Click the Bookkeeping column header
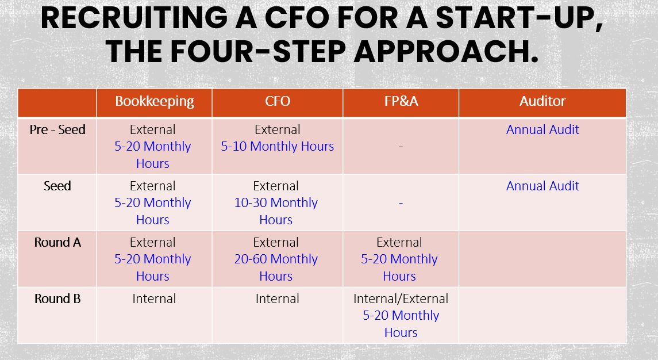coord(155,102)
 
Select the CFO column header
coord(278,101)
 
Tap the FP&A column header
coord(401,101)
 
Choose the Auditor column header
coord(542,101)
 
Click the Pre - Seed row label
coord(57,129)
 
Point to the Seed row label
coord(57,186)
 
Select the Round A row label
coord(57,242)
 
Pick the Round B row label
coord(57,298)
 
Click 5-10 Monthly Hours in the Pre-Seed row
coord(278,146)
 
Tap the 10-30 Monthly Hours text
coord(276,211)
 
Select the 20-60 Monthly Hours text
coord(276,267)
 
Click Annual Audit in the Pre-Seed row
coord(542,129)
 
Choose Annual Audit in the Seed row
coord(542,186)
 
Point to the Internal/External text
coord(401,298)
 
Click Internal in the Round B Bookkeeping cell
coord(154,298)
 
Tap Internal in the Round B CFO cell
coord(278,298)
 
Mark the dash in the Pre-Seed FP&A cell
coord(401,147)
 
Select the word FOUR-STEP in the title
coord(258,52)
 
